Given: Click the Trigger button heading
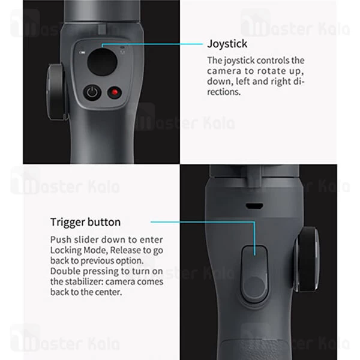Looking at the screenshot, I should click(x=85, y=222).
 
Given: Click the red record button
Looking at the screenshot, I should click(x=113, y=92).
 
